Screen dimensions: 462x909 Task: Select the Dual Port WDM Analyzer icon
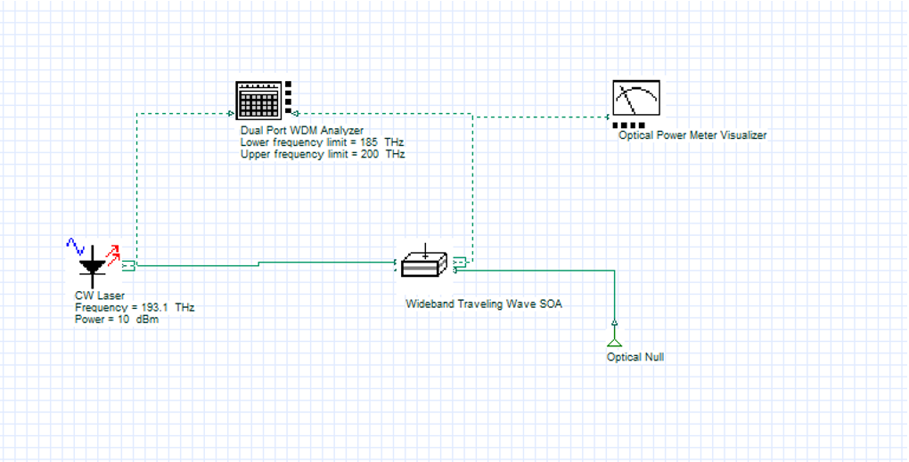point(258,99)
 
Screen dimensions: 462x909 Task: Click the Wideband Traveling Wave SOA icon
point(424,263)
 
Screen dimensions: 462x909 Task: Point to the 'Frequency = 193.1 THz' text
point(135,307)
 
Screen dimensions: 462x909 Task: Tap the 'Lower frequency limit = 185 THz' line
point(323,142)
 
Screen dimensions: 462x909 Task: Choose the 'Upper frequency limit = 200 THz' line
point(323,154)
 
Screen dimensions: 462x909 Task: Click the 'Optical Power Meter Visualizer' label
point(692,135)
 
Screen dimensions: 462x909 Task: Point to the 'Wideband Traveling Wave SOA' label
point(484,304)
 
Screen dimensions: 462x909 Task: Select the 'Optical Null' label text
point(635,357)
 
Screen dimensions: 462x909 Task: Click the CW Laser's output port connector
point(128,265)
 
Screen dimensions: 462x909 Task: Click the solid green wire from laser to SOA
point(196,265)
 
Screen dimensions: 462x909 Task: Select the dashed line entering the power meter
point(544,117)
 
